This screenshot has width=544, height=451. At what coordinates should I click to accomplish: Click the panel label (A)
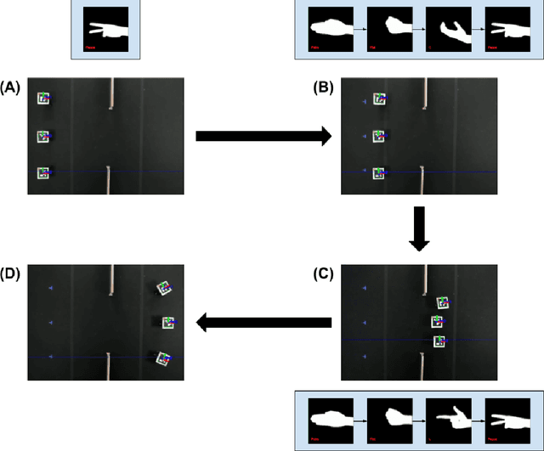[10, 86]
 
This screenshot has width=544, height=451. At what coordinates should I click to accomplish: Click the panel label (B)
[324, 86]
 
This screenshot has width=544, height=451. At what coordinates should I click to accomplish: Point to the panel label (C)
[324, 272]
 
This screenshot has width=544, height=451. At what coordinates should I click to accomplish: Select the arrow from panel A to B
[263, 135]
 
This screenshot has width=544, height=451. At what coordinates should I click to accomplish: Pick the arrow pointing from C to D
[264, 322]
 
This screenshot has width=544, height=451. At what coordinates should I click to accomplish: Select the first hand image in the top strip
[328, 30]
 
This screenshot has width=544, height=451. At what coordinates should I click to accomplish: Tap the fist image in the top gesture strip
[388, 30]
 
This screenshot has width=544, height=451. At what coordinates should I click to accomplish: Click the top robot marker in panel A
[44, 99]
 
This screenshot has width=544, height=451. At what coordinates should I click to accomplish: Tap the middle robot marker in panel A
[44, 135]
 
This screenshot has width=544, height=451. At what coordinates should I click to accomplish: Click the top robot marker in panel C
[442, 302]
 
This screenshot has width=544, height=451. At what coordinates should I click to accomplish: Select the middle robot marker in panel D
[169, 322]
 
